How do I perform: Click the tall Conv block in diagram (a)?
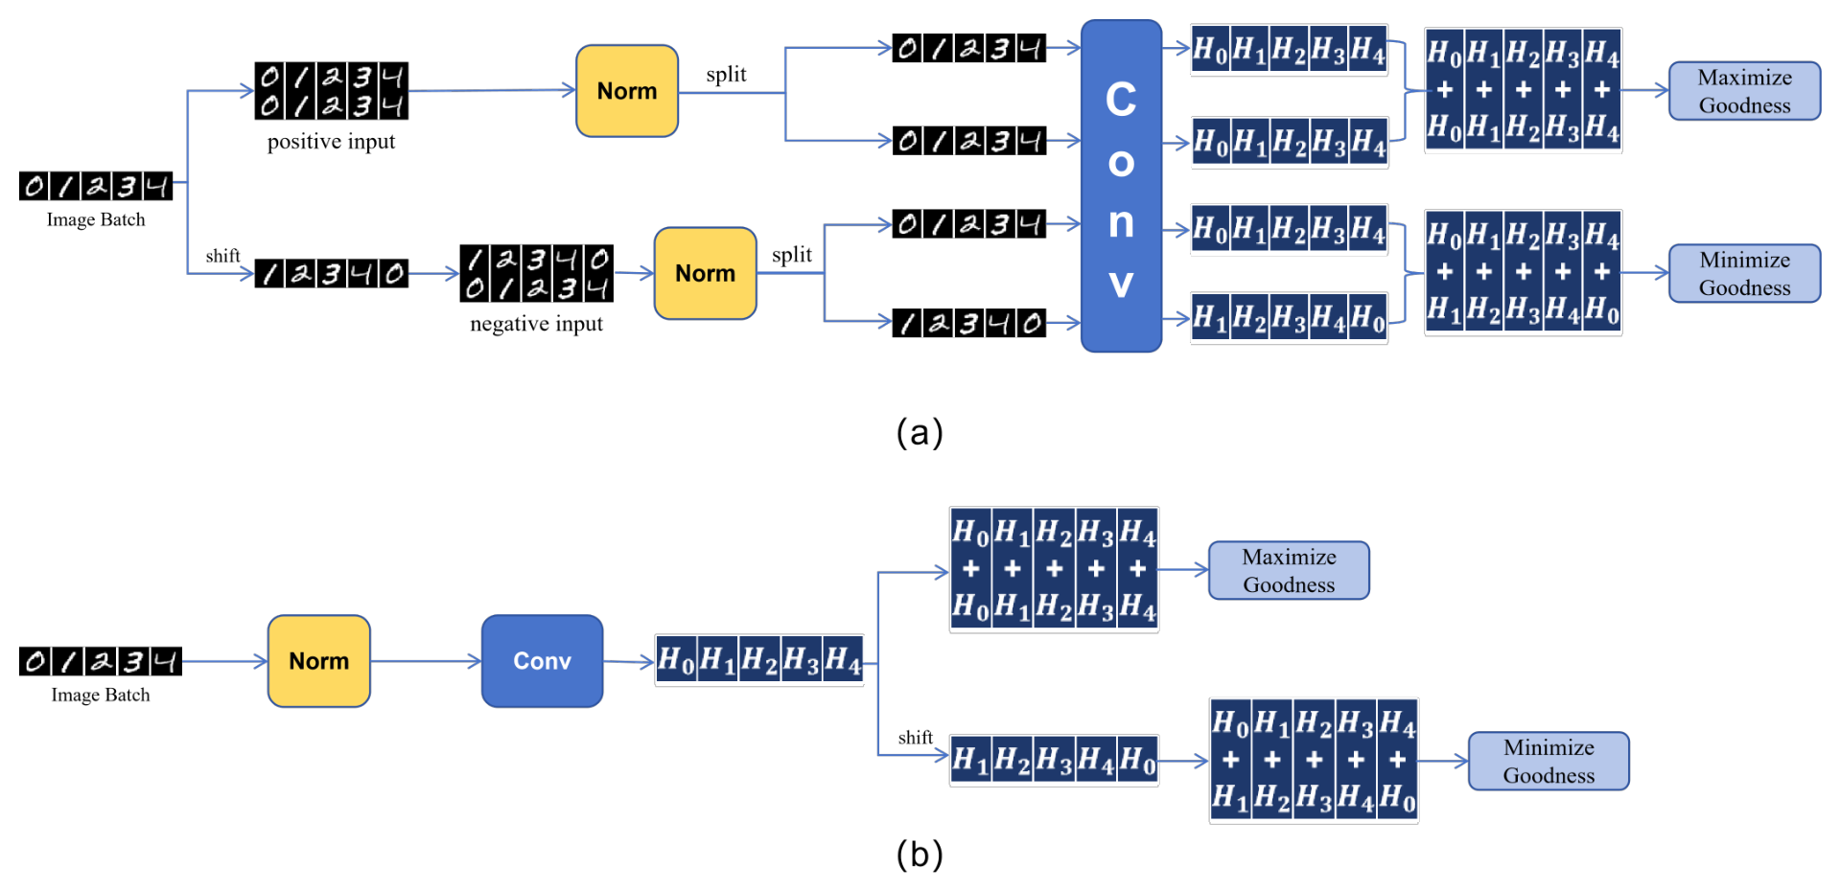(1121, 186)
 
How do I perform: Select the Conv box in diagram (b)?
(542, 661)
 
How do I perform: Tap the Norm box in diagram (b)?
(319, 661)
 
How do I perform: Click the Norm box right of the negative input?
(705, 273)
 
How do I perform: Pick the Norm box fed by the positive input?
(627, 91)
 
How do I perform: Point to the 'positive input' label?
(331, 142)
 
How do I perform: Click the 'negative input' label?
(536, 324)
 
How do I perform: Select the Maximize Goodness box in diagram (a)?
(1744, 91)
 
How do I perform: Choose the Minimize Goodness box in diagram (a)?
(1744, 273)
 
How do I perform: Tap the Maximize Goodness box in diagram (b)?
(1289, 570)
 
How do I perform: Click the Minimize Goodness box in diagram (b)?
(1549, 761)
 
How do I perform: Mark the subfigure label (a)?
(920, 433)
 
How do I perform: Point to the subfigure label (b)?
(920, 854)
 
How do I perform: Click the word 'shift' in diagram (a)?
(222, 256)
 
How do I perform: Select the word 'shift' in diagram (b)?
(915, 738)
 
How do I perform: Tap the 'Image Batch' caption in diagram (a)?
(96, 219)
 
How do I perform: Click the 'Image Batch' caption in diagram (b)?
(101, 695)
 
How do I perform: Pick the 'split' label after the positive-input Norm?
(726, 75)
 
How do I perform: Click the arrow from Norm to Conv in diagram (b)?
(426, 661)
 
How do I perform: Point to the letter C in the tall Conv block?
(1121, 100)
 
